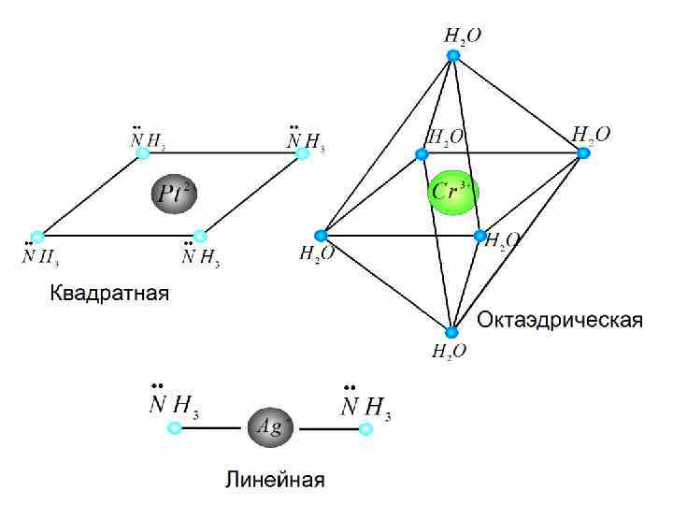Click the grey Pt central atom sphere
point(173,194)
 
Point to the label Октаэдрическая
point(560,321)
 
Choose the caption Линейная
point(275,480)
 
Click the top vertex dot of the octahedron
point(453,56)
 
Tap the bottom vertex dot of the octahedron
point(451,332)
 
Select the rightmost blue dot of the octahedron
point(584,152)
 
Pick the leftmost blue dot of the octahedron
point(321,235)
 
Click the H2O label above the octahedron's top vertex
point(462,36)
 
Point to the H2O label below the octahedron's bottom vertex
point(450,352)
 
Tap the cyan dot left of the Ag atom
point(175,428)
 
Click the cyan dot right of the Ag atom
point(366,428)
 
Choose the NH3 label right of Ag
point(365,405)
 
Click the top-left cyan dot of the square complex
point(140,152)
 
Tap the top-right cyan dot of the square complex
point(302,152)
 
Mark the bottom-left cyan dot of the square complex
point(37,236)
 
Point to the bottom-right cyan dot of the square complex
point(199,236)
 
